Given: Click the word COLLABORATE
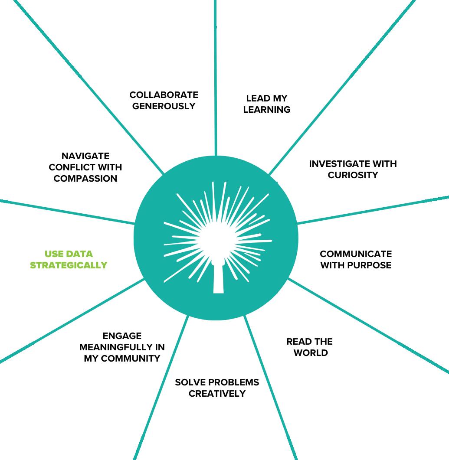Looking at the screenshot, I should click(x=164, y=95).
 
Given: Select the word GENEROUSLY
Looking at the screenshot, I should click(x=164, y=106).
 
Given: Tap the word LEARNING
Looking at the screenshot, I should click(x=267, y=110).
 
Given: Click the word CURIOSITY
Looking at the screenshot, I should click(x=353, y=175).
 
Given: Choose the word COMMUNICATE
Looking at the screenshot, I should click(x=356, y=254).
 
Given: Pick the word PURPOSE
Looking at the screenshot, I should click(x=368, y=265).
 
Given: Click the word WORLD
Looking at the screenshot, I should click(x=311, y=353).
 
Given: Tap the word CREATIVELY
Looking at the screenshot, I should click(x=217, y=394).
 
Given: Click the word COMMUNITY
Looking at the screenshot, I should click(x=129, y=359).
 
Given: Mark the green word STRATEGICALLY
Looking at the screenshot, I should click(x=69, y=265).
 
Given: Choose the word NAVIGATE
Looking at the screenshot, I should click(x=85, y=156).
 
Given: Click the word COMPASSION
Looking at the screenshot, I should click(x=85, y=179).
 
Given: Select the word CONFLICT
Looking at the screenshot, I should click(x=73, y=167).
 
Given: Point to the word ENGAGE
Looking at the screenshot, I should click(x=122, y=336).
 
